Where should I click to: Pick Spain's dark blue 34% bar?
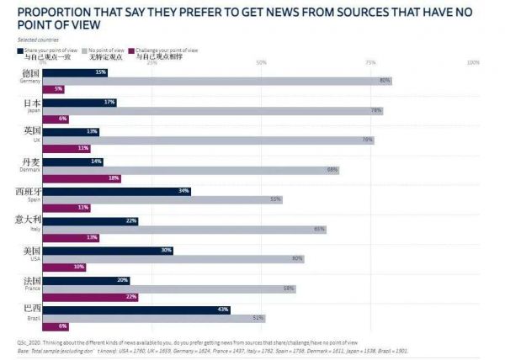(x=117, y=191)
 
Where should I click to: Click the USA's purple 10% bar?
(x=64, y=267)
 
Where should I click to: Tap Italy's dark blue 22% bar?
(x=90, y=220)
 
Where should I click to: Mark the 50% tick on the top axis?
(x=261, y=62)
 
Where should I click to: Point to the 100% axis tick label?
(x=472, y=62)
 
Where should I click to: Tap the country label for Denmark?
(x=28, y=164)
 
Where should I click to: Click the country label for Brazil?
(x=28, y=311)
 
